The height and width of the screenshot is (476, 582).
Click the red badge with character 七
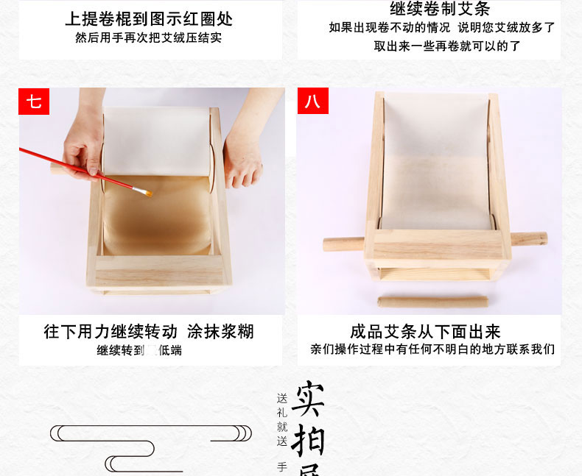click(x=34, y=102)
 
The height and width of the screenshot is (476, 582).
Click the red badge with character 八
click(x=312, y=102)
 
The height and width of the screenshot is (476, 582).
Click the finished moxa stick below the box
click(x=432, y=302)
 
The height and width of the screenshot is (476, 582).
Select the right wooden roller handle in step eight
click(x=528, y=239)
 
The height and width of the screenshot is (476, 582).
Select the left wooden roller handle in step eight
click(x=343, y=244)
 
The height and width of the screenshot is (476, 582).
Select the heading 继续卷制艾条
click(x=439, y=10)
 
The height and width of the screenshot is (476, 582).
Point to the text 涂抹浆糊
click(x=220, y=331)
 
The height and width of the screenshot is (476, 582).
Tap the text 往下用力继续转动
click(x=111, y=331)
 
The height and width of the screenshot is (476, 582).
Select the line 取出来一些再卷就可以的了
click(x=447, y=46)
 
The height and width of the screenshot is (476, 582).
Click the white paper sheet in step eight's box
click(x=436, y=162)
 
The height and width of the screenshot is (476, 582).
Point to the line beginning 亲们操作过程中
click(x=432, y=349)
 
